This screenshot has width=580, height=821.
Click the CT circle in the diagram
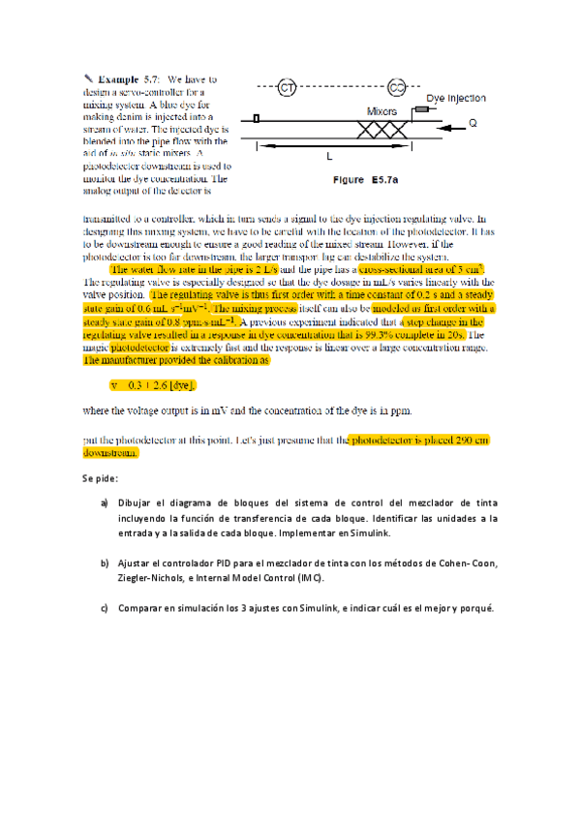pos(287,88)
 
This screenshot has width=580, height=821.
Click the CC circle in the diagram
pos(397,88)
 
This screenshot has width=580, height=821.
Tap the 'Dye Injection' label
pos(457,99)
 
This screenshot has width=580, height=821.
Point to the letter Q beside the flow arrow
pos(473,124)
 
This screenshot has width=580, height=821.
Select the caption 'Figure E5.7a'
pos(363,180)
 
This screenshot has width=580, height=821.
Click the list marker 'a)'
pos(104,504)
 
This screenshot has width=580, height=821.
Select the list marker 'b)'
pos(104,563)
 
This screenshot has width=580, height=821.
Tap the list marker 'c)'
pos(104,608)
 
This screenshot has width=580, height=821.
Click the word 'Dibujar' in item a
pos(137,504)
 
